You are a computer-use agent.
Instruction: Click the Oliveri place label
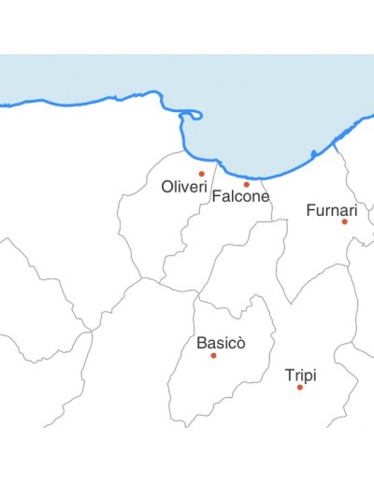[183, 187]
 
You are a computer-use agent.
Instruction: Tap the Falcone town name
[240, 196]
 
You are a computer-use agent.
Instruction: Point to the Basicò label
[221, 343]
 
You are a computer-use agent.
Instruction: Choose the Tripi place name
[300, 376]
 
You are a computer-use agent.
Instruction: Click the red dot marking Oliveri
[201, 174]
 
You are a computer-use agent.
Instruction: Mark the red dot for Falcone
[247, 184]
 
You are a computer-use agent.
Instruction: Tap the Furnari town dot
[344, 221]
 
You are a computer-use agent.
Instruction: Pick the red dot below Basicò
[213, 355]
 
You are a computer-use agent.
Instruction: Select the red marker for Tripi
[300, 387]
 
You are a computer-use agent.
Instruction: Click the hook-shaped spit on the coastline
[194, 115]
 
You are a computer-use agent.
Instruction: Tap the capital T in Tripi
[289, 376]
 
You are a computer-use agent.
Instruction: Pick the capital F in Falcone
[217, 196]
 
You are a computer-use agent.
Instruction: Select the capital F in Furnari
[310, 210]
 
